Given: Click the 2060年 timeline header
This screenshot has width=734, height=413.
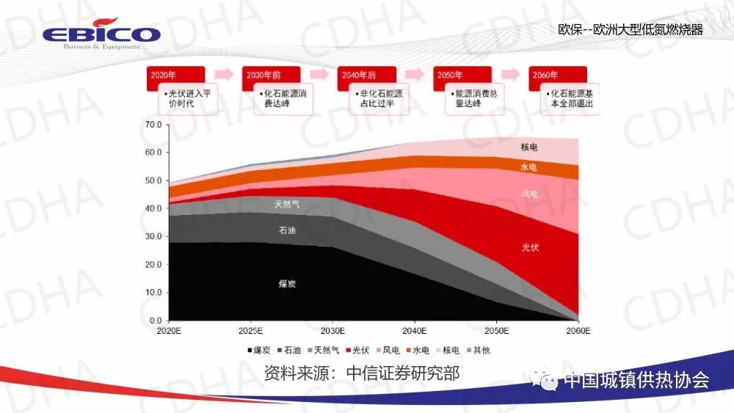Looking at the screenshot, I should (558, 75).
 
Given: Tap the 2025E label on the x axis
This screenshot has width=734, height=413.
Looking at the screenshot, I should (251, 331).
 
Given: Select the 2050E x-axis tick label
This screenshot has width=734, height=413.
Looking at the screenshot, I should (497, 331).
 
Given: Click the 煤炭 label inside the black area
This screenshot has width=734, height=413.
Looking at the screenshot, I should (287, 283).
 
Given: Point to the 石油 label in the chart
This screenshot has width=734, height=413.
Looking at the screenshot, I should (287, 230).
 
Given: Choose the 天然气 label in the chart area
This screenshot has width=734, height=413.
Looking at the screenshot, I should (286, 203).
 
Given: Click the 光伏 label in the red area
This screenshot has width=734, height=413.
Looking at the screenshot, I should (530, 247).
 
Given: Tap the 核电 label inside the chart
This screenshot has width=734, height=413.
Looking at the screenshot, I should (529, 147).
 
